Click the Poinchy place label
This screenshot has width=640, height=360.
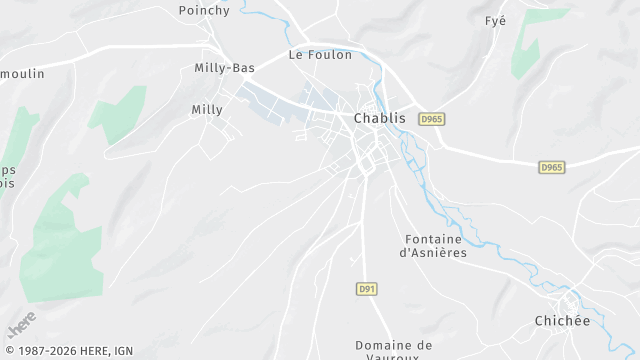(204, 10)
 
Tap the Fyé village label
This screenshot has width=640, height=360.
(495, 20)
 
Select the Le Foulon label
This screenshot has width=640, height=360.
(320, 55)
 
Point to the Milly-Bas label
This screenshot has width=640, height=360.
(224, 67)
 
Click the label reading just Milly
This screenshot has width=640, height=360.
(207, 110)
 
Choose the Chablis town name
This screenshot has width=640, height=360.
(380, 118)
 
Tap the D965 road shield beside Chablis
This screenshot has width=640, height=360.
(431, 118)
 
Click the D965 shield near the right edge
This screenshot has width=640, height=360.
(551, 167)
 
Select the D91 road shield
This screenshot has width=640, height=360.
(366, 288)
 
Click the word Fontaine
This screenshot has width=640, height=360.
(433, 239)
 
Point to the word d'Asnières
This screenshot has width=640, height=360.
(433, 253)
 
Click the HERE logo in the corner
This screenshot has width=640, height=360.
(21, 325)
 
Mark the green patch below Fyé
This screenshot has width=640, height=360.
(527, 55)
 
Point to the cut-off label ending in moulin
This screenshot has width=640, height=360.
(19, 74)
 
